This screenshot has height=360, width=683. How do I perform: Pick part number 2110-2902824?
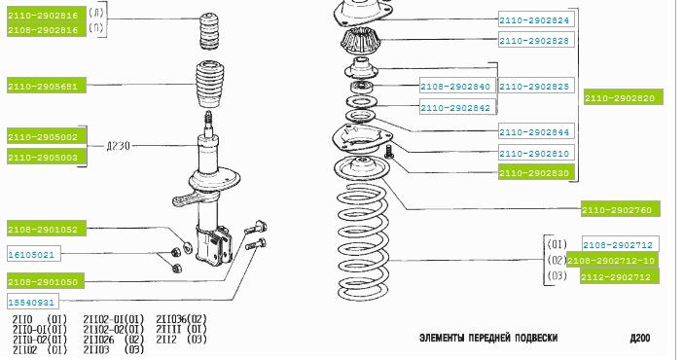(536, 19)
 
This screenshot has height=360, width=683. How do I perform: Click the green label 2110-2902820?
(624, 97)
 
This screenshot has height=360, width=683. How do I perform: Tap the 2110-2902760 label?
(621, 209)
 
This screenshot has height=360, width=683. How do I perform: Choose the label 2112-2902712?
(620, 276)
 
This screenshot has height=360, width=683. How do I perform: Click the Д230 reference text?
(118, 146)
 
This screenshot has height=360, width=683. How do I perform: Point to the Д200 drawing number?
(639, 338)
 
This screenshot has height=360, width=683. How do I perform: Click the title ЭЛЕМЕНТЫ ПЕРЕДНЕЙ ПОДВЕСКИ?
(488, 338)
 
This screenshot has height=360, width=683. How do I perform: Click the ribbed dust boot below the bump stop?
(209, 84)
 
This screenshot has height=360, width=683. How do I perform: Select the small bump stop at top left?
(208, 31)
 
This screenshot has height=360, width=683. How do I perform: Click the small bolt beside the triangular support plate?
(389, 152)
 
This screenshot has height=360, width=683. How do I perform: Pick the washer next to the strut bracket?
(188, 247)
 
